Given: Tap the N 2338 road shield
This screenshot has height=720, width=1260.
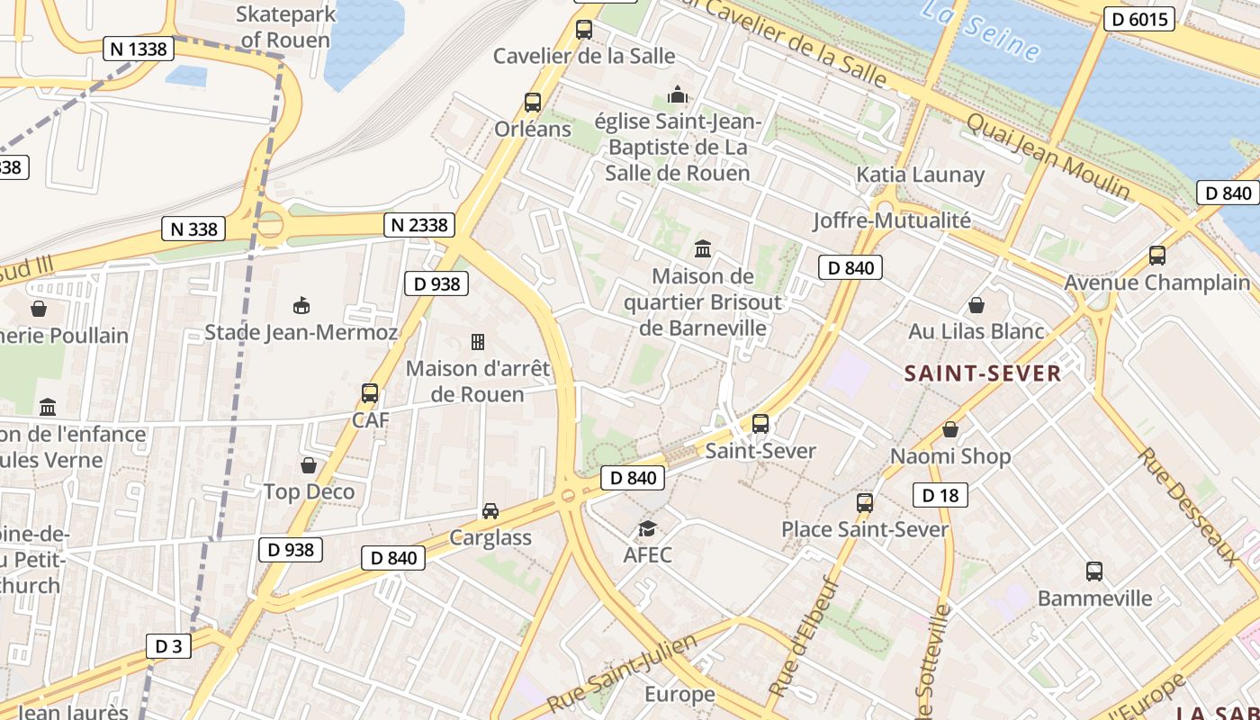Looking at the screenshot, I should coord(418,225).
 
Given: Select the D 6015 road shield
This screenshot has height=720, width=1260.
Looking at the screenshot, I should coord(1139,19).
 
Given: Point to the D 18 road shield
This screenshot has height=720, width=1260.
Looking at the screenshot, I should coord(940,494).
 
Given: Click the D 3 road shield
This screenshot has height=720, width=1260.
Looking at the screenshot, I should coord(168,645).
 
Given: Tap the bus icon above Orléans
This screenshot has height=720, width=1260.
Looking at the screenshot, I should coord(533,103).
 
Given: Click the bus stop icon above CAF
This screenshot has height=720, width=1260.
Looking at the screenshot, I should coord(369,393).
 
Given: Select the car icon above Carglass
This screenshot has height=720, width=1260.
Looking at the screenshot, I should coord(490,511).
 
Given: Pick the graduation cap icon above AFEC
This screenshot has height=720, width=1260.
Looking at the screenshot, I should coord(647,528).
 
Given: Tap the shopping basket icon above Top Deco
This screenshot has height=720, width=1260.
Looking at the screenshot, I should coord(309,465).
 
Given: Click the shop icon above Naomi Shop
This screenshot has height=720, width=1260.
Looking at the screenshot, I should coord(950,430).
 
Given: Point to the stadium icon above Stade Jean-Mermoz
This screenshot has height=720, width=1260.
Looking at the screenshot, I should coord(301,306).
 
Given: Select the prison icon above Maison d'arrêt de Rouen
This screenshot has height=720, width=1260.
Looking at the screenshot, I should coord(478,342).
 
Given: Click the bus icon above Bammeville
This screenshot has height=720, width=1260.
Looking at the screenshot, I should coord(1094,571).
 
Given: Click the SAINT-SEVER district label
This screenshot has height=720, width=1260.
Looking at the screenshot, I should coord(983,373).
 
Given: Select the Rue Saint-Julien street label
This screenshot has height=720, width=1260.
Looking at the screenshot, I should coord(622,670).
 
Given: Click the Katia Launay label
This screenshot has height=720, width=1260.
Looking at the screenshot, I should coord(920,175).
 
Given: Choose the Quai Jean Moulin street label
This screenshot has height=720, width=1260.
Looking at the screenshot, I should coord(1048,157).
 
